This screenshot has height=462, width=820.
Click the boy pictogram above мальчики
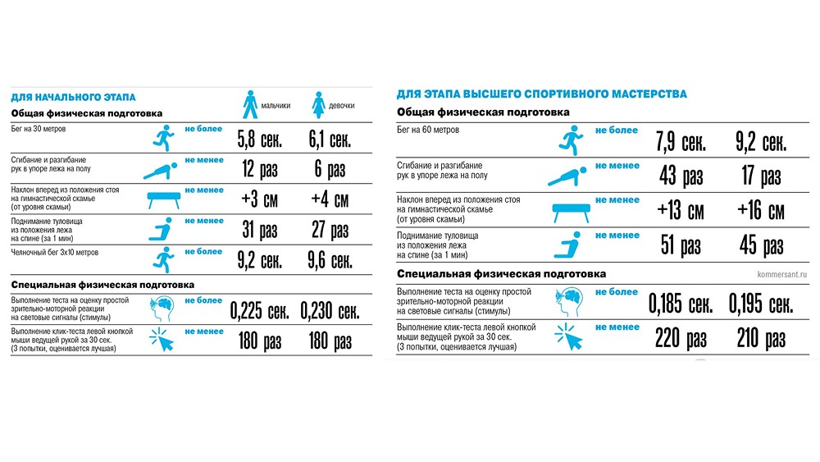pyautogui.click(x=249, y=104)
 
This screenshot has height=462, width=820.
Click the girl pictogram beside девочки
pyautogui.click(x=317, y=104)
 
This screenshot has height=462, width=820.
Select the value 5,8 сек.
pyautogui.click(x=259, y=140)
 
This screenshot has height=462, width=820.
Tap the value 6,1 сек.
pyautogui.click(x=329, y=140)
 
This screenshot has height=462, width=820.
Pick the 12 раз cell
pyautogui.click(x=259, y=170)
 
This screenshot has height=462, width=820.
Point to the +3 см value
pyautogui.click(x=259, y=199)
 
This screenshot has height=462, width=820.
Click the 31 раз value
pyautogui.click(x=259, y=229)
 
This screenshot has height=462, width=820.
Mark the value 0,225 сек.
pyautogui.click(x=259, y=312)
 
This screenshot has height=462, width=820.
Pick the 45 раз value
pyautogui.click(x=760, y=245)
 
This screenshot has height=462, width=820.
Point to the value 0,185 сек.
pyautogui.click(x=680, y=304)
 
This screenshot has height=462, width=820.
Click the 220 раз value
pyautogui.click(x=680, y=337)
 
